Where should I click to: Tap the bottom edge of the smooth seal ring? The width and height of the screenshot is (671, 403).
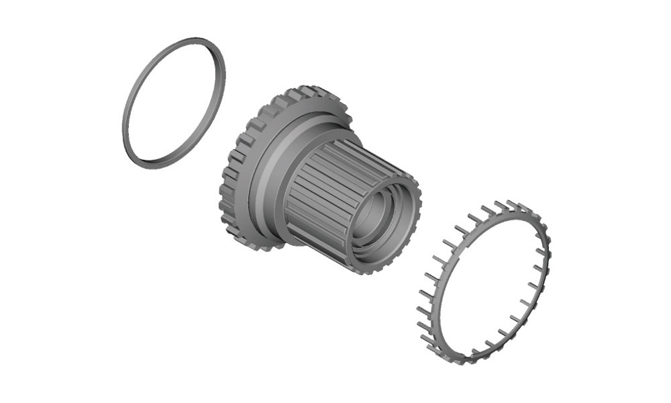tap(151, 163)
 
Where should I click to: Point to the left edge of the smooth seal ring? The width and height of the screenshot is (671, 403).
tap(125, 128)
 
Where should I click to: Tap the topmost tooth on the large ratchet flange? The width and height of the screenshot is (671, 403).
tap(305, 90)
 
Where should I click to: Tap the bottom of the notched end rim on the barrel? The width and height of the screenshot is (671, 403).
tap(372, 269)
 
